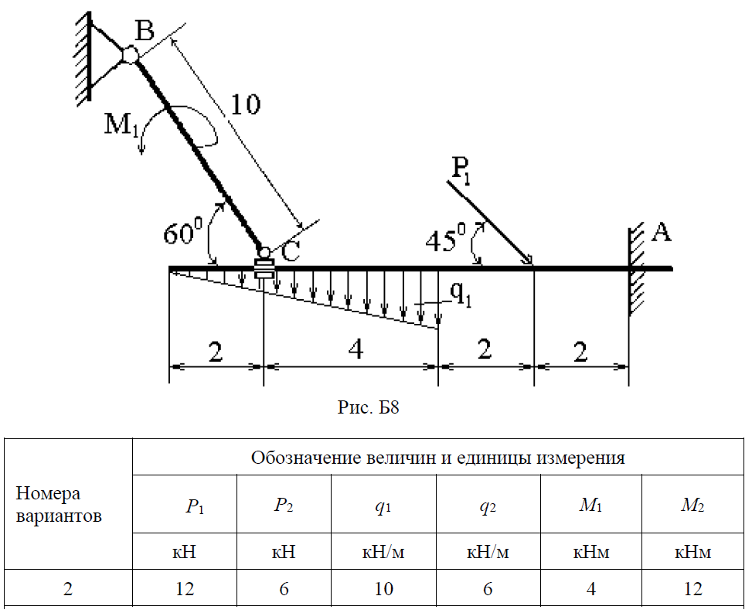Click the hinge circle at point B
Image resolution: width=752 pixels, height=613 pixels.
coord(130,55)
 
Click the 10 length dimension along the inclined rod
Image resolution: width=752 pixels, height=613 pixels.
coord(245,104)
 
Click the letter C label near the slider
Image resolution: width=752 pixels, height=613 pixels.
coord(291,251)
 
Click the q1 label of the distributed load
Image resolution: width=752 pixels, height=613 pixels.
coord(461,295)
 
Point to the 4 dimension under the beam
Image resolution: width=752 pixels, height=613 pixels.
coord(356,349)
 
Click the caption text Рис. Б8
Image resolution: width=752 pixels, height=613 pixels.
coord(369,407)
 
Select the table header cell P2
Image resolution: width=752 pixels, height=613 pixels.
coord(284,505)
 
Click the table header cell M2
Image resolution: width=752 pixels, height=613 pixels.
coord(692,505)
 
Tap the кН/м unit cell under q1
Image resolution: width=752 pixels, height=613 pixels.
coord(383,552)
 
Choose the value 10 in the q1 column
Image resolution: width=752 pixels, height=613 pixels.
coord(383,588)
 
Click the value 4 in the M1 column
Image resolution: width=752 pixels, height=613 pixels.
coord(590,588)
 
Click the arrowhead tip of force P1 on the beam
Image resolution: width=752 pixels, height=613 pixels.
coord(533,265)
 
